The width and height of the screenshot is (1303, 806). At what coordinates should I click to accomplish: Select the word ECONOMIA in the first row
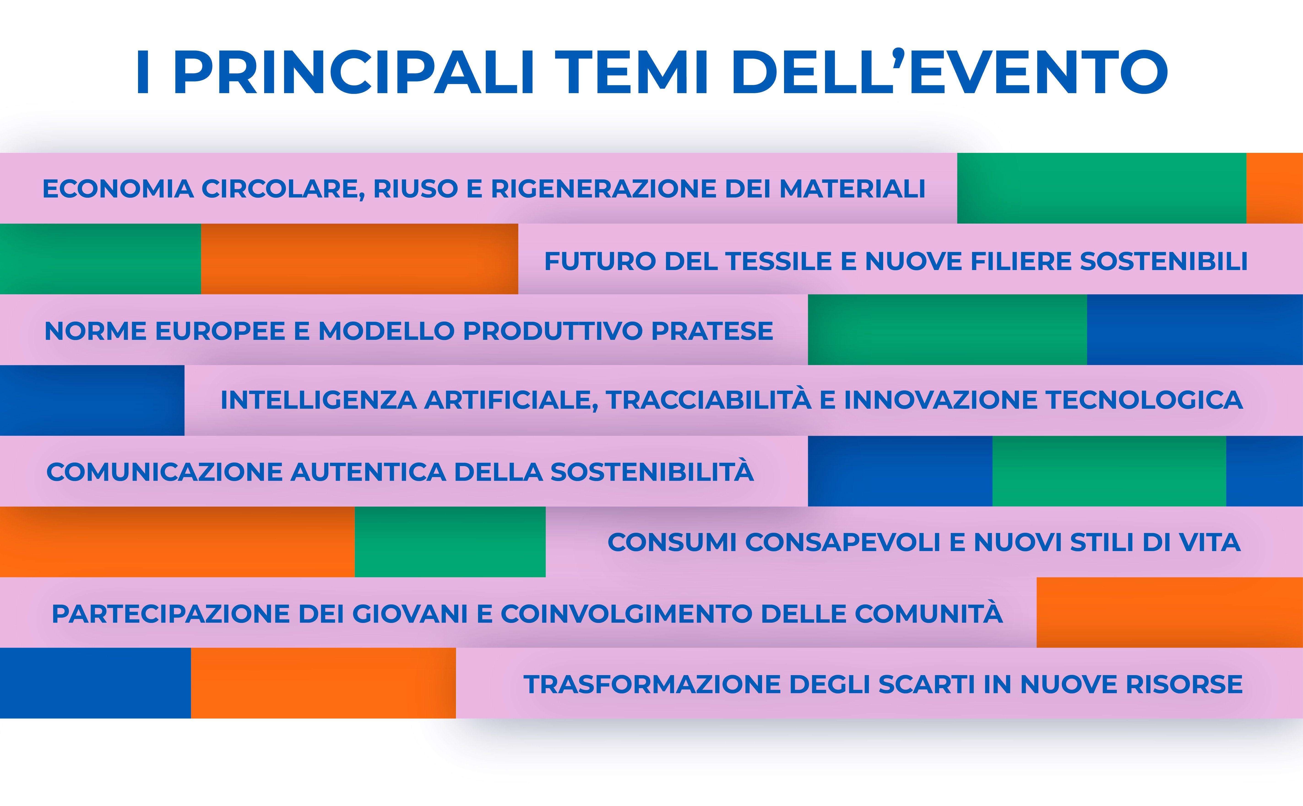118,189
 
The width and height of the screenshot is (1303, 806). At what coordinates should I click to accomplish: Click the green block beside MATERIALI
1102,188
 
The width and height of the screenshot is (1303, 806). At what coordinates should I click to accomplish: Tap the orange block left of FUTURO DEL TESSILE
359,259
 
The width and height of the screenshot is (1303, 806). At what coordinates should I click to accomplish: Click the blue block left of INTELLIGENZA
92,400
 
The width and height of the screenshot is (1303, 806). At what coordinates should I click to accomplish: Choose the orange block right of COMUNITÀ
1170,612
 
